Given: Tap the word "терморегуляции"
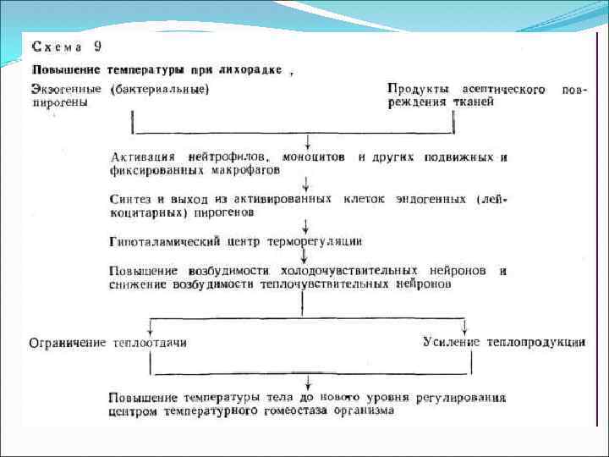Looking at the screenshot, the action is (315, 241).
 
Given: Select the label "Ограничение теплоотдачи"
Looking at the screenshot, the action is (107, 343).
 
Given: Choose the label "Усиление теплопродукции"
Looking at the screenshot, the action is (504, 342).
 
